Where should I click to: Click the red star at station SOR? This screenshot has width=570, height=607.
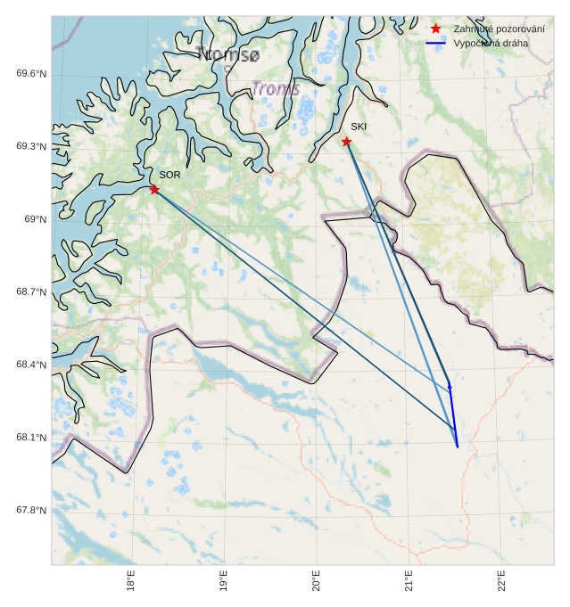pyautogui.click(x=154, y=189)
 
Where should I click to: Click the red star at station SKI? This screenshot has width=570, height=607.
pyautogui.click(x=346, y=141)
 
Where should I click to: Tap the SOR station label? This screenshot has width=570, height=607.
pyautogui.click(x=169, y=175)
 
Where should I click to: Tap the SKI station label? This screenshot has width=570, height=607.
pyautogui.click(x=358, y=127)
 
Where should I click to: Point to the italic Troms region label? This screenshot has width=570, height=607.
pyautogui.click(x=276, y=89)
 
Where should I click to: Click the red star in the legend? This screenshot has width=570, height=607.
pyautogui.click(x=435, y=29)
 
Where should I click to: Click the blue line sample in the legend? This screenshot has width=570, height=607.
pyautogui.click(x=435, y=43)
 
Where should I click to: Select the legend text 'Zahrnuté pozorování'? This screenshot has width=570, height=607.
pyautogui.click(x=499, y=29)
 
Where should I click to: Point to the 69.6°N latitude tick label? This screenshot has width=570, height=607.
pyautogui.click(x=31, y=73)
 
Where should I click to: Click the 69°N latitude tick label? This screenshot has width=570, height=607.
pyautogui.click(x=35, y=219)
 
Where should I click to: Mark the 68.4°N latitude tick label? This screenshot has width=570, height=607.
pyautogui.click(x=31, y=365)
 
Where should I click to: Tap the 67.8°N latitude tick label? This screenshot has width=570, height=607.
pyautogui.click(x=31, y=510)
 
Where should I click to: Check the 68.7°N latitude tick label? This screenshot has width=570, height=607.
pyautogui.click(x=31, y=291)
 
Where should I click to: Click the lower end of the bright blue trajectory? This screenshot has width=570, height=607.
pyautogui.click(x=458, y=447)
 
